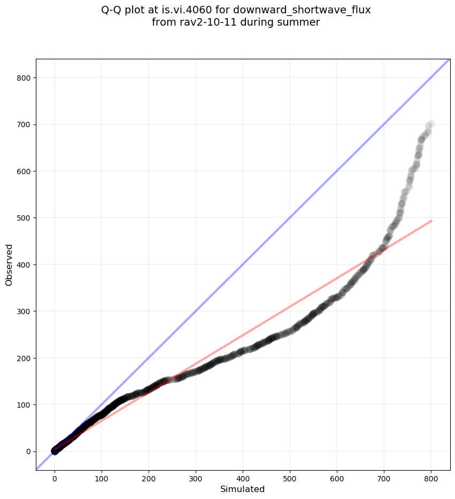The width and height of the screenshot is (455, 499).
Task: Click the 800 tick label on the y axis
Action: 24,78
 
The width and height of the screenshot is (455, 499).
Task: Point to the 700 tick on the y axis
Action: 24,124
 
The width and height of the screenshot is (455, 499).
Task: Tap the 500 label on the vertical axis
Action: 24,218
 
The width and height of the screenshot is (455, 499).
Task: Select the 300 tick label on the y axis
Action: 24,311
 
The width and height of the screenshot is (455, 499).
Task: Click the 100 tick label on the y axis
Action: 24,405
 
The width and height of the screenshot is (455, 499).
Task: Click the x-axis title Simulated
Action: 243,489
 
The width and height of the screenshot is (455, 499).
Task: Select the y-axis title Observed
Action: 9,265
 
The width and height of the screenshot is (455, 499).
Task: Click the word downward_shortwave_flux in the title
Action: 302,10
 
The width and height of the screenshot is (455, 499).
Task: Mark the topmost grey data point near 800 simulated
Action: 430,124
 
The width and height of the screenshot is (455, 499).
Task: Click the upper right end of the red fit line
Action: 431,221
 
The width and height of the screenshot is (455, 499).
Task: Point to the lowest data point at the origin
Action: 55,451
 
